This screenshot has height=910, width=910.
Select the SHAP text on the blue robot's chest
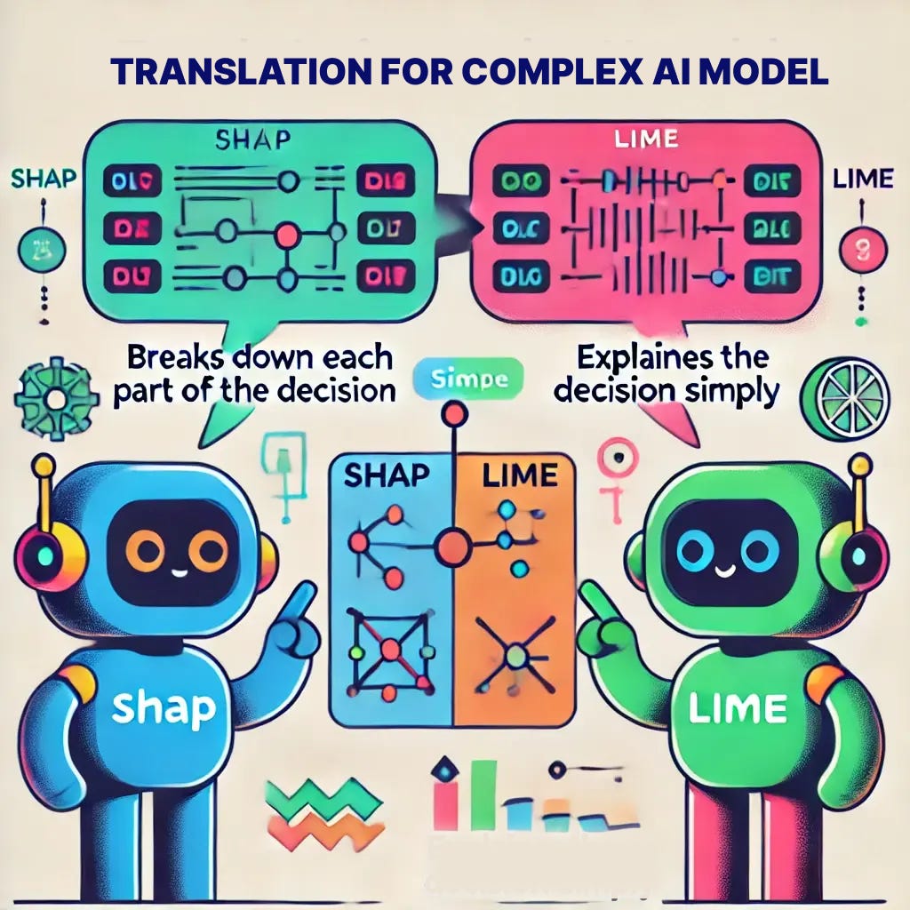click(165, 708)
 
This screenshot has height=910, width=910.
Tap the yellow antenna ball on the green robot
click(858, 465)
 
